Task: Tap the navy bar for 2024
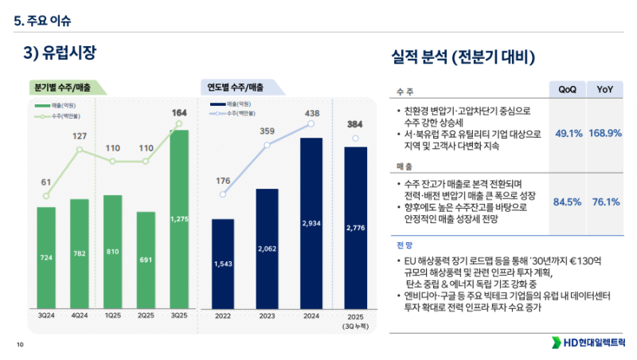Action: [311, 223]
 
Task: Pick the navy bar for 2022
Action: [223, 263]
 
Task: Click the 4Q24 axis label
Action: [80, 316]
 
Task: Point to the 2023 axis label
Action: [267, 316]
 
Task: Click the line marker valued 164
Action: [179, 123]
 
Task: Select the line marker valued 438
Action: [311, 123]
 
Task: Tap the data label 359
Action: [268, 131]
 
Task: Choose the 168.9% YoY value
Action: [605, 133]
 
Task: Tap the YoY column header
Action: [605, 89]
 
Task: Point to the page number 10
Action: [20, 344]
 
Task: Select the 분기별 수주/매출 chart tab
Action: [64, 87]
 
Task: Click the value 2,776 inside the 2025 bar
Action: [356, 229]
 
